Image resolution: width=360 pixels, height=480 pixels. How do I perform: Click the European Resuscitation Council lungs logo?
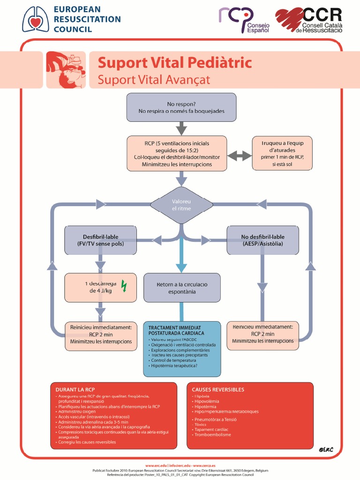click(x=36, y=19)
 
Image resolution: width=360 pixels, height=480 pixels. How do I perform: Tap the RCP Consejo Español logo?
click(x=244, y=20)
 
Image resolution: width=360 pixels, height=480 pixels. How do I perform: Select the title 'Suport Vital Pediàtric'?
click(x=174, y=62)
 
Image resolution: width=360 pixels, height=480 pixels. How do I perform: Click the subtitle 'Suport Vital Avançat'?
click(x=154, y=79)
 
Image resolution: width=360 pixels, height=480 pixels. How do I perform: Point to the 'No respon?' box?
click(x=181, y=107)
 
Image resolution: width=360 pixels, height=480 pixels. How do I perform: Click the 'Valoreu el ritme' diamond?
click(x=181, y=204)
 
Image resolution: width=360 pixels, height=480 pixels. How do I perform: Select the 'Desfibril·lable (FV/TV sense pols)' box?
click(x=101, y=240)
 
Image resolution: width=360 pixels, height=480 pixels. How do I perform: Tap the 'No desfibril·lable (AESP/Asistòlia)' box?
click(x=262, y=240)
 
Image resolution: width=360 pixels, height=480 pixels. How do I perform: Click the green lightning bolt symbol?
click(x=124, y=286)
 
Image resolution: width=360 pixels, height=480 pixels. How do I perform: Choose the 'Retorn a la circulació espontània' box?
click(x=182, y=288)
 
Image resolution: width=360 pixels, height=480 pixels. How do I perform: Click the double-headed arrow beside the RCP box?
click(x=240, y=156)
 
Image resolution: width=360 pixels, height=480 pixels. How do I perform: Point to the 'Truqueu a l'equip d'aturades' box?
click(x=282, y=153)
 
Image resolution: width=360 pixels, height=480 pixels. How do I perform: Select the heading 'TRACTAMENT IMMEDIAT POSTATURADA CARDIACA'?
click(x=175, y=330)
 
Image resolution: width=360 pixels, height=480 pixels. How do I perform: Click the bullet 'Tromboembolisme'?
click(x=212, y=435)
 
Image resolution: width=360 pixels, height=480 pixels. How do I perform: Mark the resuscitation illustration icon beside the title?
click(x=66, y=70)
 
